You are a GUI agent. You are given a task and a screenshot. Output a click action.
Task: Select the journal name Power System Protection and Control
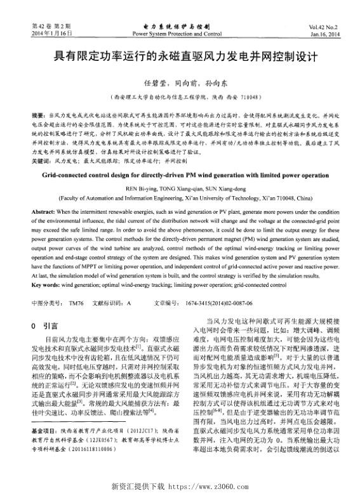pyautogui.click(x=177, y=32)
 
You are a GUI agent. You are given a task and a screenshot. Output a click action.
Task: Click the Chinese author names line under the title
pyautogui.click(x=180, y=83)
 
